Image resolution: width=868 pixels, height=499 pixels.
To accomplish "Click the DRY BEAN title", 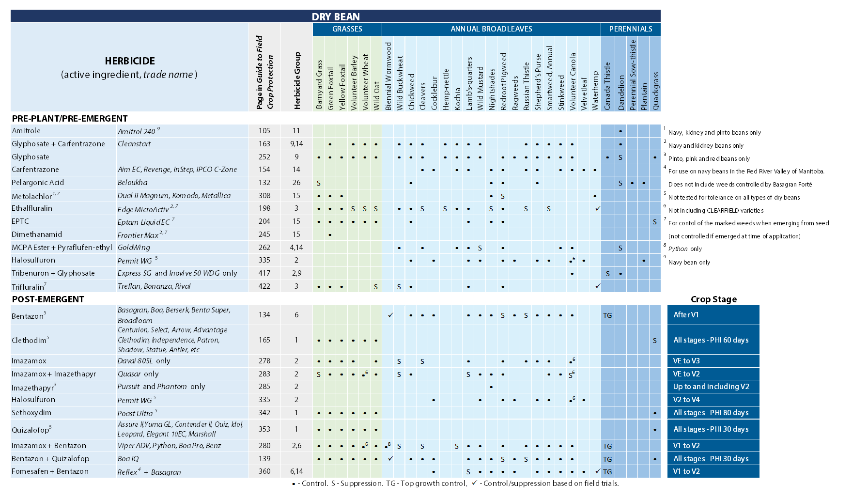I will [x=336, y=16].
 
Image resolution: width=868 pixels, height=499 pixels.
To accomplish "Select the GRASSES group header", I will [x=347, y=29].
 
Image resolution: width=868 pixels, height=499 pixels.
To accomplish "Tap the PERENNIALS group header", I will [x=630, y=29].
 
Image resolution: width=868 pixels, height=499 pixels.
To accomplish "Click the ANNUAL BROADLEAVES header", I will [x=491, y=29].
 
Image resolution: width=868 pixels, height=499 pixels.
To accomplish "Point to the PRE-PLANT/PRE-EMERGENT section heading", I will [x=70, y=119].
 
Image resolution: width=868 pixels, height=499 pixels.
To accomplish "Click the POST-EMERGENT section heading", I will [x=48, y=299].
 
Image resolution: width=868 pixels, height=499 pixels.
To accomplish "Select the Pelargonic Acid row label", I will [x=38, y=183].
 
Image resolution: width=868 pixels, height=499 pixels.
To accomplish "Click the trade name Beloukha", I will [x=132, y=183].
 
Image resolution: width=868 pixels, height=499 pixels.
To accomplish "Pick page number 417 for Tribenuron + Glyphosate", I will [x=264, y=273].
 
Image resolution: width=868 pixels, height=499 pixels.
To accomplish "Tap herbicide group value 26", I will [x=296, y=183].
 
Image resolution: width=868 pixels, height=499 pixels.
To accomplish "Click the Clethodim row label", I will [x=29, y=340].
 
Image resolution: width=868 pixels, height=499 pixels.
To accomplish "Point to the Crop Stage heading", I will [x=713, y=299].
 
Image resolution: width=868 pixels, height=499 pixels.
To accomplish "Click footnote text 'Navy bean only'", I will [x=689, y=263].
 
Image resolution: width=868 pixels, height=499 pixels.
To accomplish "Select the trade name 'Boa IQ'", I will [x=128, y=459].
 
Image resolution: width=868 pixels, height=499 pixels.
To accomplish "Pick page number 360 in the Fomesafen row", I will [x=264, y=471].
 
